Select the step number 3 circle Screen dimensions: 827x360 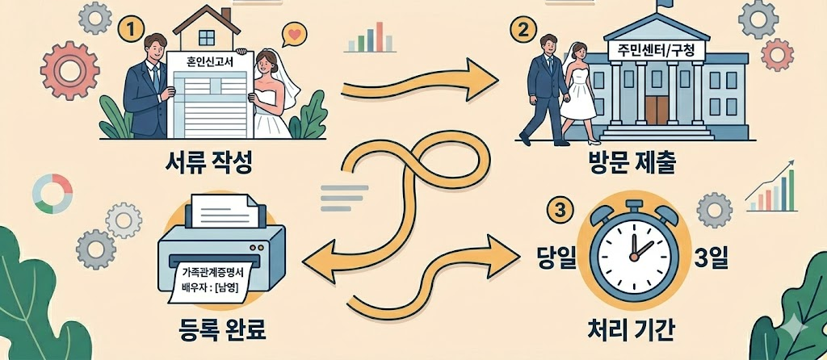pos(556,211)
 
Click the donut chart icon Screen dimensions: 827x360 pos(46,195)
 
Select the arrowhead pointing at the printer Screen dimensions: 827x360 pos(313,258)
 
